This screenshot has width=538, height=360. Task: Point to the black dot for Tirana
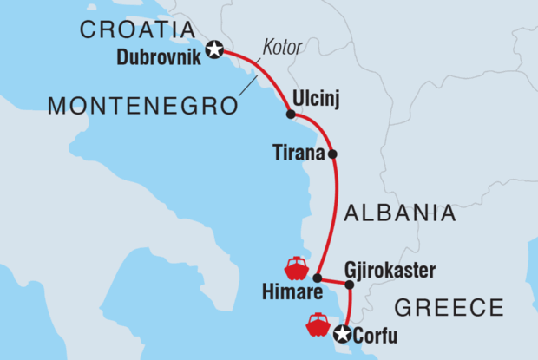pyautogui.click(x=333, y=155)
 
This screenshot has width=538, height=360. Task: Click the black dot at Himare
pyautogui.click(x=318, y=278)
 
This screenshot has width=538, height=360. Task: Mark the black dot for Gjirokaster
pyautogui.click(x=350, y=285)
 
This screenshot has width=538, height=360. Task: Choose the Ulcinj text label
pyautogui.click(x=314, y=98)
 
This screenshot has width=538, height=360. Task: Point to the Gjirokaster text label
pyautogui.click(x=389, y=270)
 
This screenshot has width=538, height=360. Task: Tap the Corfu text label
pyautogui.click(x=374, y=333)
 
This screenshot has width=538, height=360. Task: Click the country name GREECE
pyautogui.click(x=449, y=307)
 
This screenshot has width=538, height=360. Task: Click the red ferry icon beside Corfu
pyautogui.click(x=317, y=325)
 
